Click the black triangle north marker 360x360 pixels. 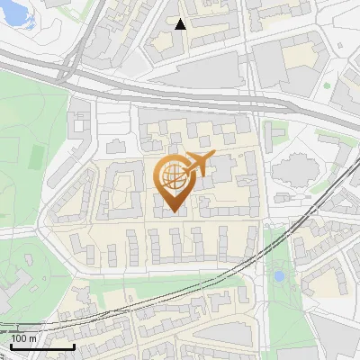pyautogui.click(x=180, y=24)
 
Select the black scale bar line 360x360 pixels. pyautogui.click(x=41, y=346)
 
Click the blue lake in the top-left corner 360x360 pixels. pyautogui.click(x=18, y=13)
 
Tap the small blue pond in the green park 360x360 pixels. pyautogui.click(x=279, y=274)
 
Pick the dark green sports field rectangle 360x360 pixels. pyautogui.click(x=35, y=155)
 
